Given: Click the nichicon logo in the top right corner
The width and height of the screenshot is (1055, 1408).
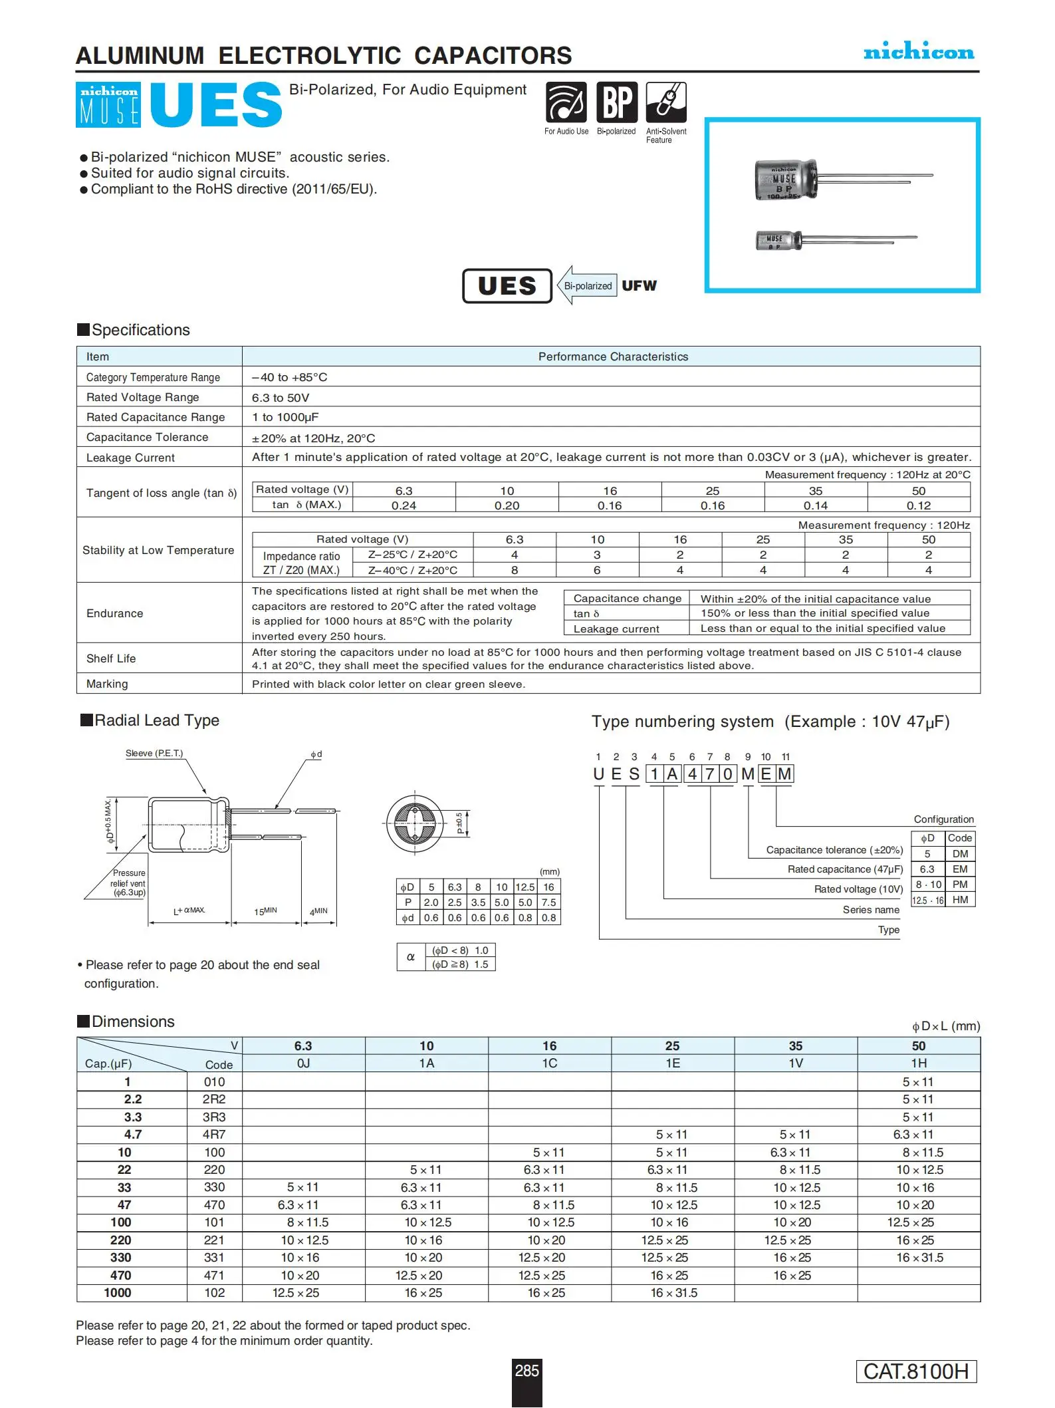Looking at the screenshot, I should tap(918, 51).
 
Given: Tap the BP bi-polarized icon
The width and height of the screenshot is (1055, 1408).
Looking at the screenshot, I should tap(617, 102).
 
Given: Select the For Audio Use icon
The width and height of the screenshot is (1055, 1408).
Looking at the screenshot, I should tap(566, 102).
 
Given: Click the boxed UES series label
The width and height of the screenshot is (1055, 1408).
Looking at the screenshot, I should tap(507, 286).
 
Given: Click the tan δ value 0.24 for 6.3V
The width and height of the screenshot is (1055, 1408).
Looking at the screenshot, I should tap(404, 505).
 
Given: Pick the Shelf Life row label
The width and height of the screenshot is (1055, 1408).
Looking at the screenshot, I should tap(111, 658).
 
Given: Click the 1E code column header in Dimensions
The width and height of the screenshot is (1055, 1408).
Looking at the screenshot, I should tap(673, 1063).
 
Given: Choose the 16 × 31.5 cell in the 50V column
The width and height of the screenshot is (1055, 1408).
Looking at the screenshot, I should tap(919, 1258).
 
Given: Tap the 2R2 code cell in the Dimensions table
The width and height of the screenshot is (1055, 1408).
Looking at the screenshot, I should tap(214, 1099).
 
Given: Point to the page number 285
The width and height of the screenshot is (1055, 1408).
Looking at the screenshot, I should tap(527, 1371).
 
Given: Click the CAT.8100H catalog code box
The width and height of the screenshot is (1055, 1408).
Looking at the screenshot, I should tap(916, 1371).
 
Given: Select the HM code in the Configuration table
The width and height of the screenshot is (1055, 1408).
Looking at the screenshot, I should tap(960, 900).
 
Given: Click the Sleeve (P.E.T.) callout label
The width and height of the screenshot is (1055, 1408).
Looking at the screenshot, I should tap(154, 754).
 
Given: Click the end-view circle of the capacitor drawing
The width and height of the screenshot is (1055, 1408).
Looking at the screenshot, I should tap(415, 823).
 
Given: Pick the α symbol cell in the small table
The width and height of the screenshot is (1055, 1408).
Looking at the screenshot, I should tap(411, 957).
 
